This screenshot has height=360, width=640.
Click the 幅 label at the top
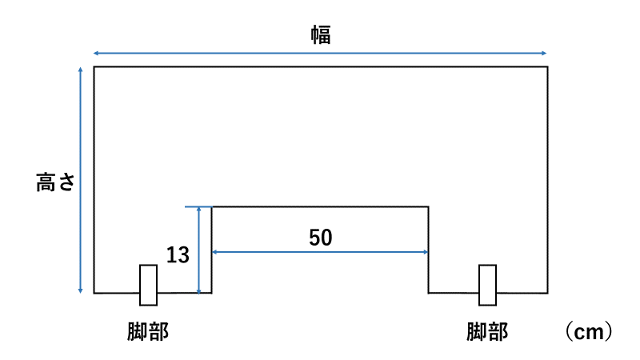pyautogui.click(x=321, y=34)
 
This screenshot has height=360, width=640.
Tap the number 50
pyautogui.click(x=320, y=238)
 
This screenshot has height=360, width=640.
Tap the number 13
pyautogui.click(x=178, y=255)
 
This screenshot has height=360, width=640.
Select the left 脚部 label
pyautogui.click(x=148, y=331)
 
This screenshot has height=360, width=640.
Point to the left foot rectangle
pyautogui.click(x=148, y=285)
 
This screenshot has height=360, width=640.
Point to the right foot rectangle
pyautogui.click(x=487, y=285)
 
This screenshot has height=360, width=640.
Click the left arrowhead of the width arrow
pyautogui.click(x=96, y=53)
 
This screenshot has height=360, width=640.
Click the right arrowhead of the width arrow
pyautogui.click(x=546, y=53)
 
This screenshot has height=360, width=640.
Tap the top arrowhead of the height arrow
pyautogui.click(x=81, y=70)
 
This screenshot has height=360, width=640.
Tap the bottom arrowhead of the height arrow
pyautogui.click(x=81, y=290)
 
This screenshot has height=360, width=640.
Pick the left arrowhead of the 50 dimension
pyautogui.click(x=214, y=252)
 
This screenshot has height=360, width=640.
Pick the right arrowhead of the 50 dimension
pyautogui.click(x=427, y=252)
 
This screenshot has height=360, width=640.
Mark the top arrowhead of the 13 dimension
pyautogui.click(x=198, y=210)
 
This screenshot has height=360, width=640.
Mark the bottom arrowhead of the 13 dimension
pyautogui.click(x=198, y=290)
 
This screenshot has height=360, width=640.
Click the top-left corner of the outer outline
pyautogui.click(x=94, y=67)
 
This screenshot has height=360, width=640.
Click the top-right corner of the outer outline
pyautogui.click(x=547, y=67)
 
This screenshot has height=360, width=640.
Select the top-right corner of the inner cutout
pyautogui.click(x=430, y=207)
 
